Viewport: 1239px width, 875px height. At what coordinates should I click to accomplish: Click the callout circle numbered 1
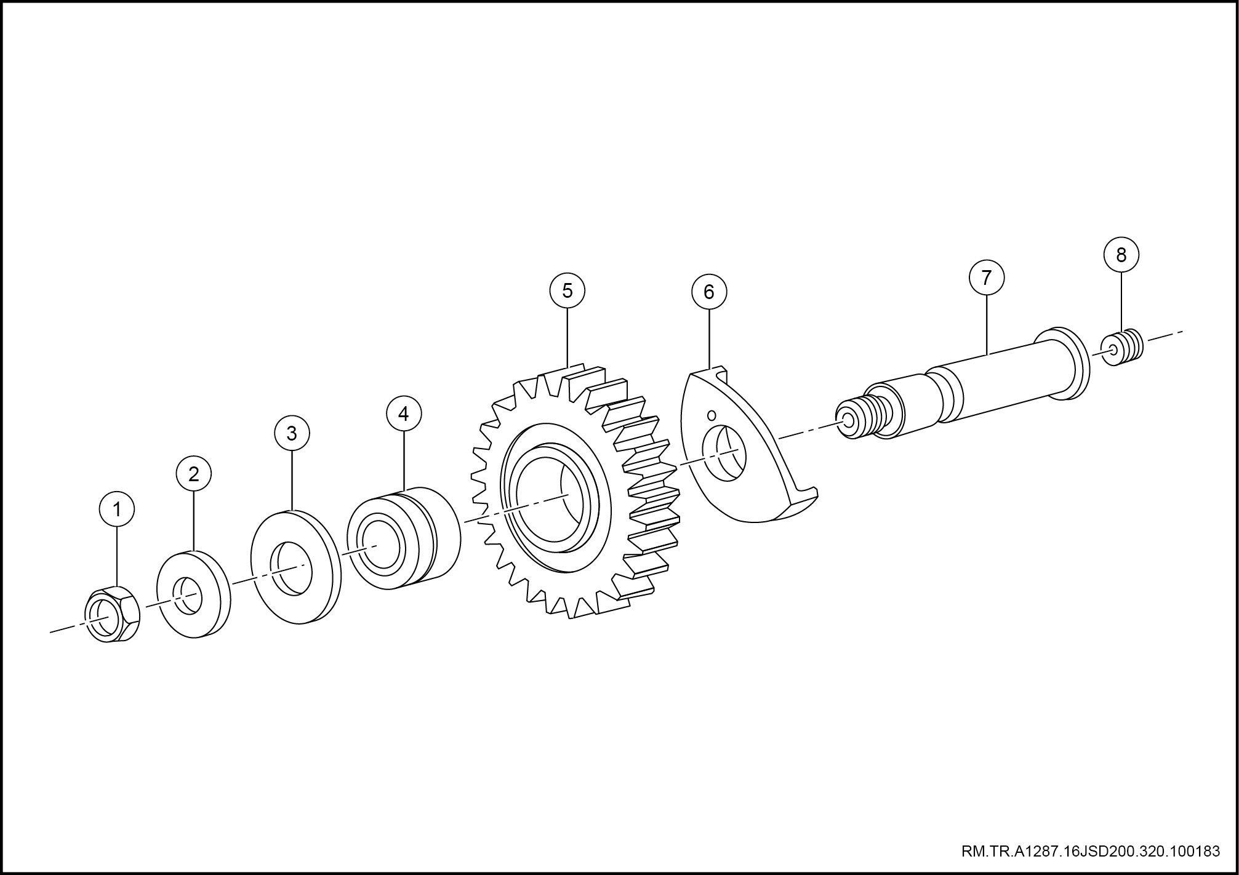pyautogui.click(x=116, y=509)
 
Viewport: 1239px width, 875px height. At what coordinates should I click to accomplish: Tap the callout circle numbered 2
pyautogui.click(x=193, y=474)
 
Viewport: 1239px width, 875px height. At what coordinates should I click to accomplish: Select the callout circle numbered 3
pyautogui.click(x=292, y=433)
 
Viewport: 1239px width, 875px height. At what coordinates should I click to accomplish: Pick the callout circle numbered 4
pyautogui.click(x=403, y=414)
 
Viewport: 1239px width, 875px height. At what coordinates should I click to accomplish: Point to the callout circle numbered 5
pyautogui.click(x=567, y=290)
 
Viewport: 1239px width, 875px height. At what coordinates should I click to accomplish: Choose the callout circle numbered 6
pyautogui.click(x=709, y=292)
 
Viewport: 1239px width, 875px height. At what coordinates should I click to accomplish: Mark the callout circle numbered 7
pyautogui.click(x=987, y=278)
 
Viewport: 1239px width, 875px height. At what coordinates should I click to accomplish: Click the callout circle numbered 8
pyautogui.click(x=1121, y=254)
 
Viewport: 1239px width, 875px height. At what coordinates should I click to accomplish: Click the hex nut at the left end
pyautogui.click(x=111, y=614)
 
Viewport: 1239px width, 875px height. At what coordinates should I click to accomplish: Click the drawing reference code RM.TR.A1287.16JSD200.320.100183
pyautogui.click(x=1091, y=852)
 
